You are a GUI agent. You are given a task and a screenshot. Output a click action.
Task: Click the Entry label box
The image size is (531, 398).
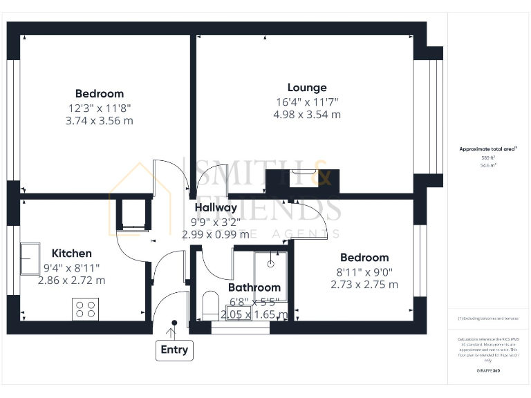174,350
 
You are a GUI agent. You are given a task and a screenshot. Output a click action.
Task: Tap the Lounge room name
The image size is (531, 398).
307,88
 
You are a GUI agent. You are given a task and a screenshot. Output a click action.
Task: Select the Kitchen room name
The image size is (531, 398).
71,254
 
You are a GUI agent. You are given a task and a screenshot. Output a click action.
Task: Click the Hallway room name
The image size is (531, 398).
216,207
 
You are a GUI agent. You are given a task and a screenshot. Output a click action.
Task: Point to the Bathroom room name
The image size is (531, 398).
254,287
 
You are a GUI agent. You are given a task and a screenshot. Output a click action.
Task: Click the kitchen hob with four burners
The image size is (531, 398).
85,309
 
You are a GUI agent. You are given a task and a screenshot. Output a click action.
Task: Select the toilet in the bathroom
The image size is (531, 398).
210,306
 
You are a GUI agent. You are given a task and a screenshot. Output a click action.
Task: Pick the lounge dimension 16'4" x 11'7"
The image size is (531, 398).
307,102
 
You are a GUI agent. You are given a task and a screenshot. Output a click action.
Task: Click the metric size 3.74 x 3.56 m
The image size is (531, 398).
100,120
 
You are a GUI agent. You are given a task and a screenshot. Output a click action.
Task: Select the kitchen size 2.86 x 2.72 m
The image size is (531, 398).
71,281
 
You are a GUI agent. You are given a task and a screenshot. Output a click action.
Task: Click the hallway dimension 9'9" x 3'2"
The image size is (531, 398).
215,222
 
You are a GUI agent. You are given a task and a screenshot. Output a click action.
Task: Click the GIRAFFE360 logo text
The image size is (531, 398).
488,371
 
